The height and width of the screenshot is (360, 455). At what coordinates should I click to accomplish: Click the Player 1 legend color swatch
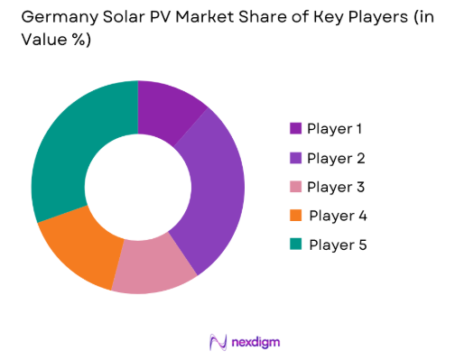point(294,129)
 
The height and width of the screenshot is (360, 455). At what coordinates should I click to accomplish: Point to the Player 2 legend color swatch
point(294,158)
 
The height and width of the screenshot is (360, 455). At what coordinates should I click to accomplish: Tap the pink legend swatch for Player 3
point(294,187)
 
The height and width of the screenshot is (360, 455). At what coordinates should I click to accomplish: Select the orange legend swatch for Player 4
point(294,216)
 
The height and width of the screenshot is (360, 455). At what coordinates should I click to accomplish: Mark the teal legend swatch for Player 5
point(294,245)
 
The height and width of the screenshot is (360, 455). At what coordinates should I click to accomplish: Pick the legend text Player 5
point(339,245)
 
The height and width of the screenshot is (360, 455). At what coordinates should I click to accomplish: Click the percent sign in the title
point(84,43)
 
